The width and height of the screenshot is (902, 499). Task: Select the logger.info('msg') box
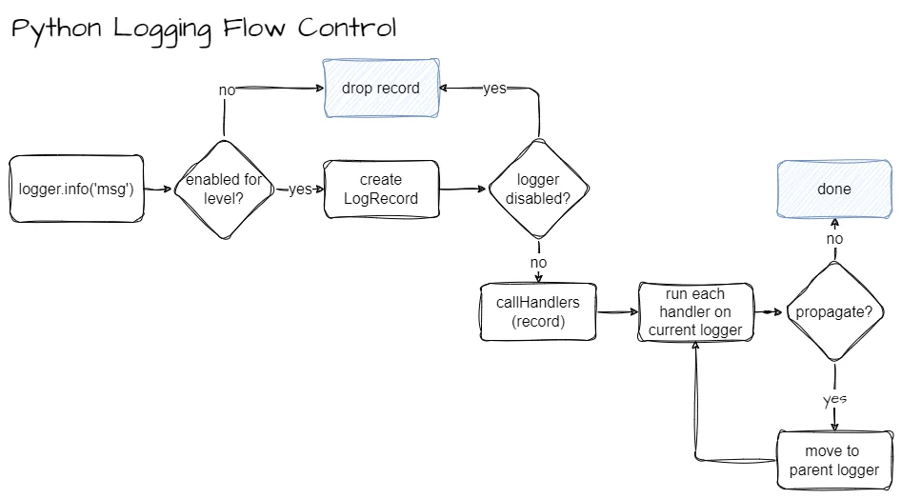tap(76, 189)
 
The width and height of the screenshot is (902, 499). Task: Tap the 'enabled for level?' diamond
tap(224, 189)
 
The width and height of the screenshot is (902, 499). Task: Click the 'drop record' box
tap(381, 89)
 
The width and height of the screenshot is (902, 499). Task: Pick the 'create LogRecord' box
tap(381, 189)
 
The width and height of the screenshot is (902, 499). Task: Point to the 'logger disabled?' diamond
tap(538, 189)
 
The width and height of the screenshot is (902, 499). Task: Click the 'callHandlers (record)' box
tap(539, 312)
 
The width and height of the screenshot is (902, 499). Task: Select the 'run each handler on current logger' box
tap(696, 312)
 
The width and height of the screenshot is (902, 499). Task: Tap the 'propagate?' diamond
tap(835, 312)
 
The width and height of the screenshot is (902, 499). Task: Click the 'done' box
tap(834, 189)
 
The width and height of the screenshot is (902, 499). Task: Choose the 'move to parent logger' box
tap(835, 460)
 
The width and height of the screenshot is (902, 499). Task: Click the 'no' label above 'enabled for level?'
tap(227, 90)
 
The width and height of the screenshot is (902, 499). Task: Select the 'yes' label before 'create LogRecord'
tap(300, 190)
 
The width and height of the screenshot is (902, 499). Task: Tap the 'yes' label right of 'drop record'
tap(494, 89)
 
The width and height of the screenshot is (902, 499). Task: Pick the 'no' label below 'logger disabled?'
tap(538, 262)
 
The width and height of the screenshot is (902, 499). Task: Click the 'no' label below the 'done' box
tap(835, 238)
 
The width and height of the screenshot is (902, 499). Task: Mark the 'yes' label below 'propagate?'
tap(834, 398)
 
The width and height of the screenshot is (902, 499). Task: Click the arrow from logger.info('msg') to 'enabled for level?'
tap(158, 189)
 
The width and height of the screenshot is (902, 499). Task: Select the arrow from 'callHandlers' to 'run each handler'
tap(617, 312)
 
